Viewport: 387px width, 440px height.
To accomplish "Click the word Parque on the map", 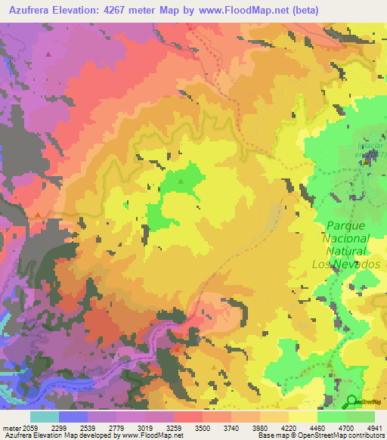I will click(x=346, y=225).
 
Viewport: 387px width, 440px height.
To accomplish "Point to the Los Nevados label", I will click(x=346, y=264).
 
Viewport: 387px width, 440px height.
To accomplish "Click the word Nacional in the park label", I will click(x=346, y=238).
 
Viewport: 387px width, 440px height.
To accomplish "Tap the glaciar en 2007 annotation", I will click(x=371, y=149).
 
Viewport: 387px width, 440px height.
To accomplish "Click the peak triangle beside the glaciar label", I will click(x=367, y=160).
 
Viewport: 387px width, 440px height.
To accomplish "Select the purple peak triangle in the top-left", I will click(x=49, y=54).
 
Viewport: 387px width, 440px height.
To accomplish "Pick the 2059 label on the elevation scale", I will click(x=30, y=428).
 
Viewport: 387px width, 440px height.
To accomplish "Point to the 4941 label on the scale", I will click(x=374, y=428).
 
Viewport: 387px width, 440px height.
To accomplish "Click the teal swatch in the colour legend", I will click(x=45, y=417).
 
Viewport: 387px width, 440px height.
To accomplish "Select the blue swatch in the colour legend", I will click(x=73, y=417).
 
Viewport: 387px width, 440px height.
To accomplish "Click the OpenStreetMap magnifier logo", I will click(x=351, y=401).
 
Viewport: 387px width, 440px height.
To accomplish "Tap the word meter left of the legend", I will click(x=11, y=428).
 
